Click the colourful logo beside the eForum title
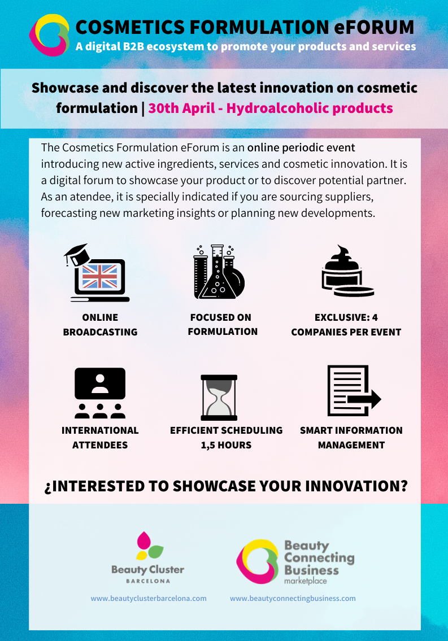(49, 35)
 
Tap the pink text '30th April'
(181, 108)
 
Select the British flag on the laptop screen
(100, 276)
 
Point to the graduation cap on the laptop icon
(77, 255)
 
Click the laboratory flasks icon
(219, 272)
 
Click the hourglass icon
(219, 398)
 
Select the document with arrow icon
(354, 390)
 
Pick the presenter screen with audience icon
(100, 393)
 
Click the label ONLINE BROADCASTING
(100, 325)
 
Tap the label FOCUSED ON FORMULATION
(223, 324)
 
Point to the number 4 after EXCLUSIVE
(375, 317)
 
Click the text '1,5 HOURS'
(226, 445)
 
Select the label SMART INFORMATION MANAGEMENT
(351, 438)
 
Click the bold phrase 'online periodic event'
(301, 147)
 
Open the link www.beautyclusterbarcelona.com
(149, 599)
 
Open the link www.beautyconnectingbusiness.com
(293, 599)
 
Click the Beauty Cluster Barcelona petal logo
(149, 546)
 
